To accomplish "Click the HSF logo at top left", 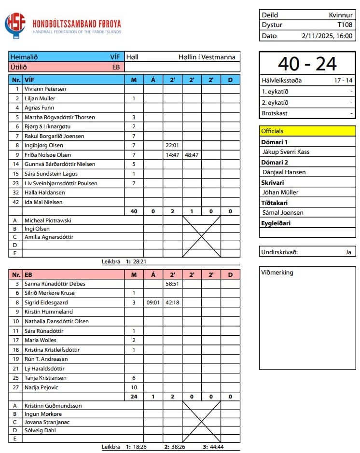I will point(15,25).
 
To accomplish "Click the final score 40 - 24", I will point(307,64).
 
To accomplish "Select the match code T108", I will point(345,25).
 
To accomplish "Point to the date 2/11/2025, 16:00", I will point(327,36).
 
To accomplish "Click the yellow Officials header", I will point(273,131).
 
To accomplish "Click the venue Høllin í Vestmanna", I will point(207,57).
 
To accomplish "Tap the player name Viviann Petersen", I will point(45,89).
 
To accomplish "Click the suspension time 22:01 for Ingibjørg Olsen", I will point(172,145).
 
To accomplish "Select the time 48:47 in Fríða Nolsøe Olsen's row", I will point(192,155).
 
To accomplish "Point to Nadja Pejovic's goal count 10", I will point(134,387).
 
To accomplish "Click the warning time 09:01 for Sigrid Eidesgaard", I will point(153,302).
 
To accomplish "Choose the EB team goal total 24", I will point(134,397).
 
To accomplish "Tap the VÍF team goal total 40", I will point(134,211).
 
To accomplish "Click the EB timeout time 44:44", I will point(214,447).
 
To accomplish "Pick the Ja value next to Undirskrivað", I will point(348,252).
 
